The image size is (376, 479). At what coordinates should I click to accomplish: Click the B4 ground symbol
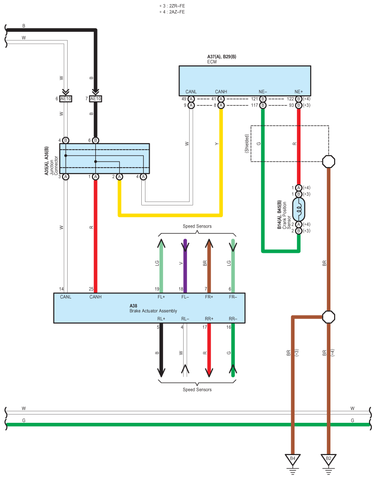click(293, 459)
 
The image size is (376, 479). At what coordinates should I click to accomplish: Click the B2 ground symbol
click(329, 459)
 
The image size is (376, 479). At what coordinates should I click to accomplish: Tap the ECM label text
click(212, 61)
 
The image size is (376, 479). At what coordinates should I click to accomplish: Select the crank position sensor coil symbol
click(299, 210)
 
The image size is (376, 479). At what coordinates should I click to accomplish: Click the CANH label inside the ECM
click(221, 92)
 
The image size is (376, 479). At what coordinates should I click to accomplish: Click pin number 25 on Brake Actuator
click(92, 289)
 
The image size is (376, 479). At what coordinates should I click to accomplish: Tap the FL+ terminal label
click(161, 297)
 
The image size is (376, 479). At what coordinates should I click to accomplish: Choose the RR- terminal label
click(233, 319)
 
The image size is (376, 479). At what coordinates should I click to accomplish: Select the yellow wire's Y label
click(217, 144)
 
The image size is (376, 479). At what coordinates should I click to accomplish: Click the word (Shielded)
click(247, 143)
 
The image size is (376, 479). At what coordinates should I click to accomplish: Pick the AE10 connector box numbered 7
click(96, 99)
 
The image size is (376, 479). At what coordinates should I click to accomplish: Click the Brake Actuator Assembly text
click(153, 311)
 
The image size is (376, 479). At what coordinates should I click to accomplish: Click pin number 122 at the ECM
click(290, 99)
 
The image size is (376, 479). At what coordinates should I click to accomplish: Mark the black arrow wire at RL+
click(161, 350)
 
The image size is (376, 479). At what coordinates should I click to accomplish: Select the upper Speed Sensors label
click(197, 226)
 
